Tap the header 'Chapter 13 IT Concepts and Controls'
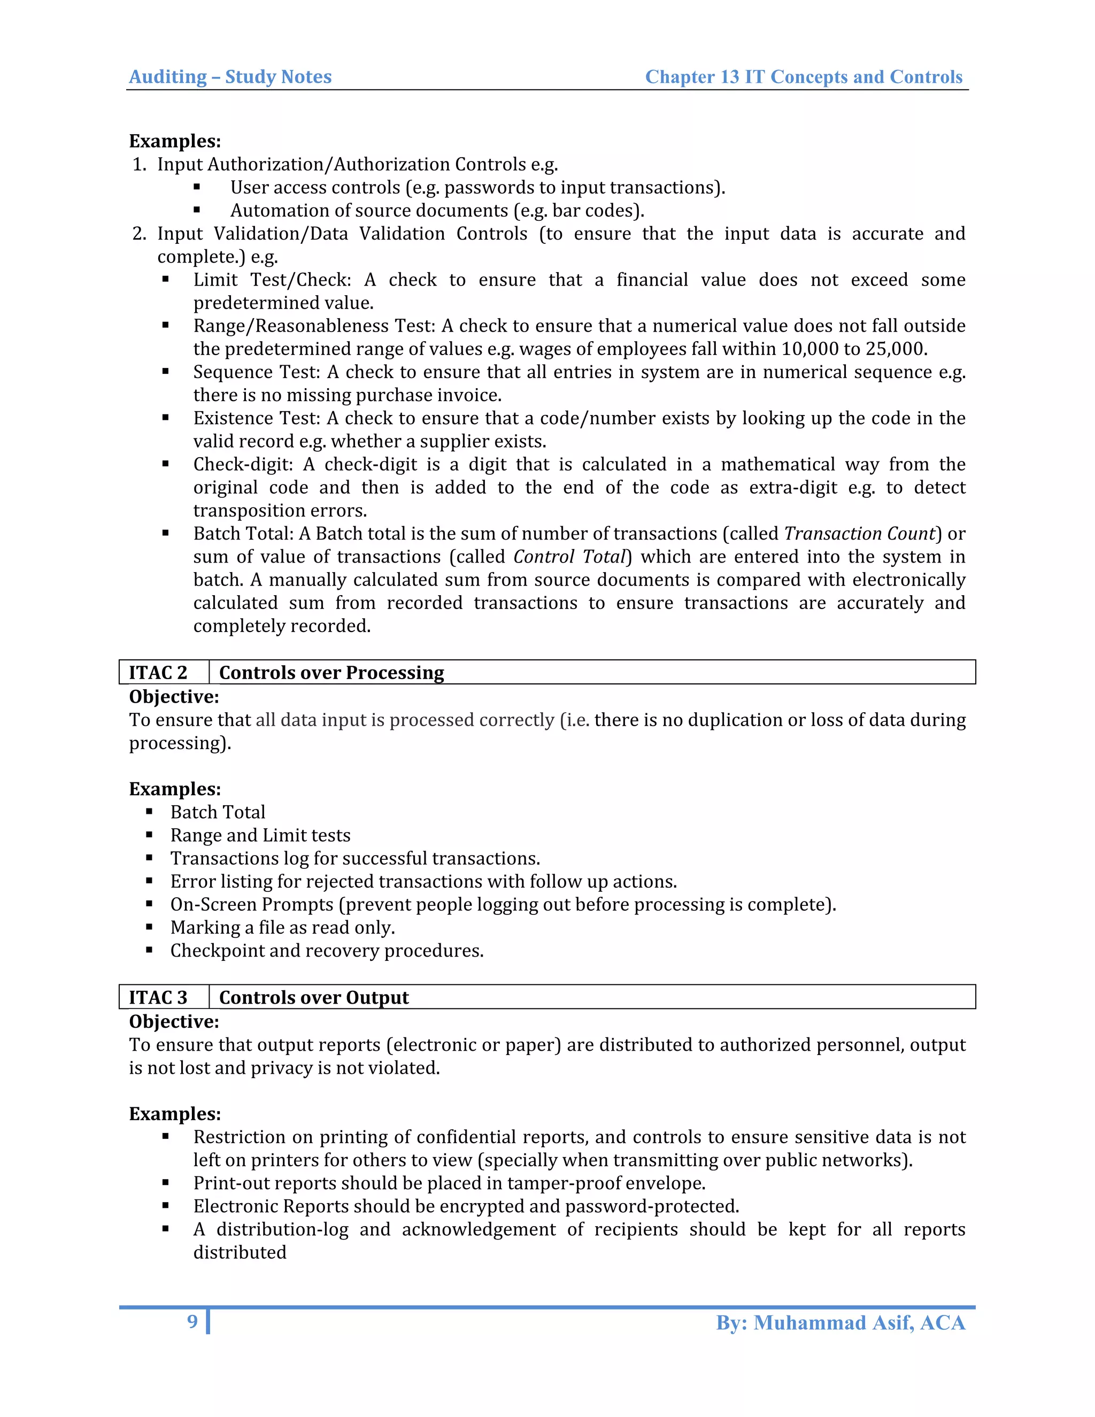[803, 76]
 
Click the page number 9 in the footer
[192, 1322]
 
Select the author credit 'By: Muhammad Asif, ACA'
[840, 1322]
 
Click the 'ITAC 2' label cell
[158, 672]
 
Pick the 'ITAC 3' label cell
[158, 997]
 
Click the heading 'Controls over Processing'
[331, 672]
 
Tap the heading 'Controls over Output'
[313, 997]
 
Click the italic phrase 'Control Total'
[569, 557]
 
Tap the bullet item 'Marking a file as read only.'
[282, 928]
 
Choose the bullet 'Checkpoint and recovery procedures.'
[326, 951]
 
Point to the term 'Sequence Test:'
[257, 372]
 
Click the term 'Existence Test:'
[257, 419]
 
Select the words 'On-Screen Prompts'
[252, 904]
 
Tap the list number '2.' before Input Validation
[139, 234]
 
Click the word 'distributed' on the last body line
[240, 1252]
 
